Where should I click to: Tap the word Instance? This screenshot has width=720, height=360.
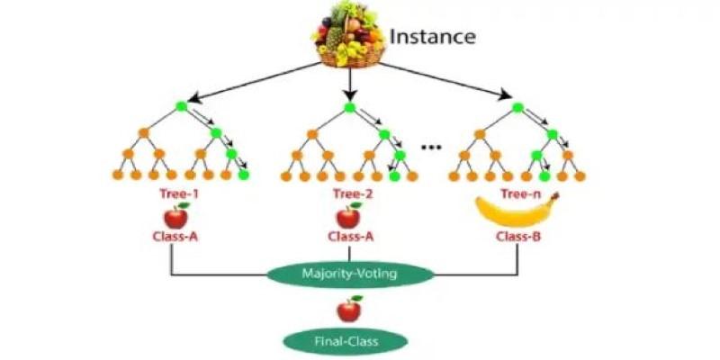pos(432,37)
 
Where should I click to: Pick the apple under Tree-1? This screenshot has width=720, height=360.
pos(175,216)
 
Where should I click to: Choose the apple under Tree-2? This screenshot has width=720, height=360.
pos(348,216)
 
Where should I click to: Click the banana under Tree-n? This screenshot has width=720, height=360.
pos(517,212)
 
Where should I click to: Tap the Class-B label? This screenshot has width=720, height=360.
pos(517,238)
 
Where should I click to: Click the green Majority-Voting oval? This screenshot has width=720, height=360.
pos(348,273)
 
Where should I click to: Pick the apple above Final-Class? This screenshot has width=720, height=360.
pos(348,310)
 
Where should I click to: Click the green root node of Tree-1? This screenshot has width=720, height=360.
pos(181,107)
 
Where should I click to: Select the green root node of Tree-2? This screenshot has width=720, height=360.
pos(349,108)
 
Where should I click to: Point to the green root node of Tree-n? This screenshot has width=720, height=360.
pos(517,108)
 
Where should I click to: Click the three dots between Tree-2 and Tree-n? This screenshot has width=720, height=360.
pos(432,147)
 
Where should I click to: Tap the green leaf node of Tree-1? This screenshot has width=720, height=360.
pos(243,175)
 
